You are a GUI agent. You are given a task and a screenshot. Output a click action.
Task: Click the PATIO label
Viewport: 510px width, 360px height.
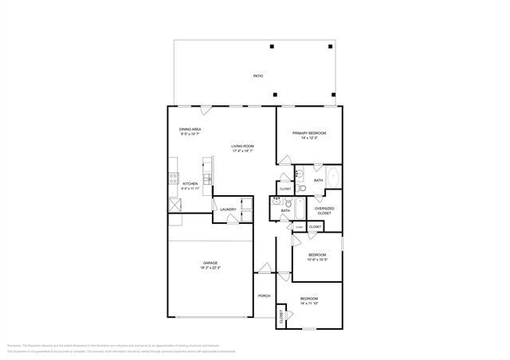[x=257, y=76]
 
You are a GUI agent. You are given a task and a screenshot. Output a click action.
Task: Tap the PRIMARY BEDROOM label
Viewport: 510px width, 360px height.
[x=309, y=133]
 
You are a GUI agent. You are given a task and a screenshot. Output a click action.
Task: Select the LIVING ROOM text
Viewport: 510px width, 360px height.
[x=242, y=147]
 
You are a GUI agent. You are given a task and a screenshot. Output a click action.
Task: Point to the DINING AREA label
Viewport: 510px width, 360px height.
[x=190, y=129]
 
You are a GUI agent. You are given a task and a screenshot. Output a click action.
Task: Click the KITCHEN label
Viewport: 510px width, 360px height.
[x=190, y=184]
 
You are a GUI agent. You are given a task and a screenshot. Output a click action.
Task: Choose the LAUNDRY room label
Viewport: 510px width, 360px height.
[x=228, y=209]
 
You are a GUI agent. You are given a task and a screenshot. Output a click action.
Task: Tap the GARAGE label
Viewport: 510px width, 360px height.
[x=210, y=263]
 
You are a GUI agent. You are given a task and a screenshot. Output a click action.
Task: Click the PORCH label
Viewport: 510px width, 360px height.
[x=264, y=295]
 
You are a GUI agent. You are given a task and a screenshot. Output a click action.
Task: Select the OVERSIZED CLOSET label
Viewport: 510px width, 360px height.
[x=324, y=210]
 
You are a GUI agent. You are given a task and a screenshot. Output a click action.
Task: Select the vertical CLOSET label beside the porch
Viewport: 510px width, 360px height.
[x=281, y=315]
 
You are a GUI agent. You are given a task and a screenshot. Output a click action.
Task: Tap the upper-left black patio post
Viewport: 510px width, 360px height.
[x=272, y=46]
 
